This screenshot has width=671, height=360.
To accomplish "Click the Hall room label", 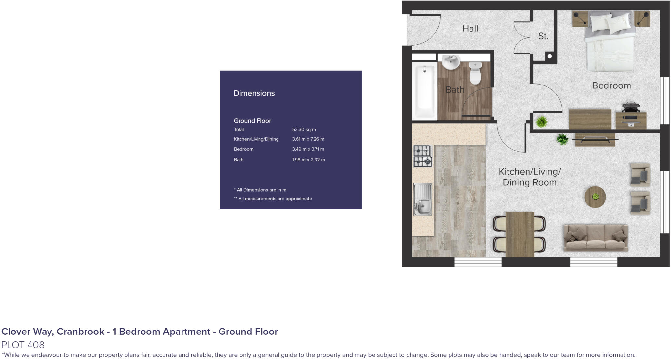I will [470, 29].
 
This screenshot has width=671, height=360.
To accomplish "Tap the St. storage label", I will [543, 36].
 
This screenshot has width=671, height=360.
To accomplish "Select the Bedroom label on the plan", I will [611, 85].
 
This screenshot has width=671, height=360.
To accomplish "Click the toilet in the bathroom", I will [475, 73].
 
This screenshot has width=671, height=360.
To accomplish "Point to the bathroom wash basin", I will [451, 62].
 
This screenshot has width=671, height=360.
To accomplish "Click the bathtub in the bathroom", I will [425, 91].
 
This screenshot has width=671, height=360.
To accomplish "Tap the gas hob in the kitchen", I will [423, 156].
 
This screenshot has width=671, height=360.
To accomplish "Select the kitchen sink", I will [423, 199].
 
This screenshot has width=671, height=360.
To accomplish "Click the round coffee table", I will [595, 197].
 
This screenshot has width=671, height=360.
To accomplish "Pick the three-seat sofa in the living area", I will [595, 237].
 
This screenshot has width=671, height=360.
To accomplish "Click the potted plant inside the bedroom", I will [542, 122].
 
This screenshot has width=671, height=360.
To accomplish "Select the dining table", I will [520, 234].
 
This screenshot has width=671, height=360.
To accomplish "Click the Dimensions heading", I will [254, 93].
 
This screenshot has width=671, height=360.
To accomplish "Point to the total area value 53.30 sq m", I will [304, 130].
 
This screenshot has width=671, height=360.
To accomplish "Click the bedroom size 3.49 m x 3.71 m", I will [308, 149].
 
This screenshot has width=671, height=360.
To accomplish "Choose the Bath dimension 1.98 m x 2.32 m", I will [308, 160].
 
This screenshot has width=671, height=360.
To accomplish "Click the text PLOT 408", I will [23, 345].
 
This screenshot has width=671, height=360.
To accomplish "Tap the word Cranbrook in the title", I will [80, 332].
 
